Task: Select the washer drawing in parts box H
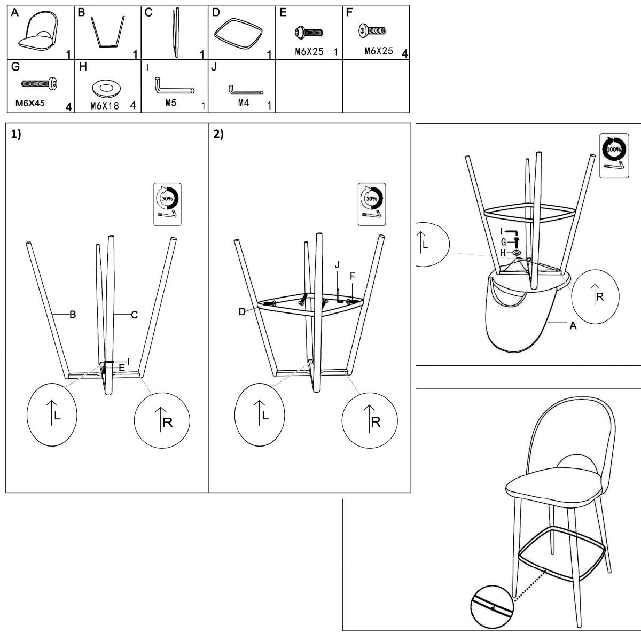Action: [x=106, y=88]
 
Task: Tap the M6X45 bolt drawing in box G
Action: [x=39, y=83]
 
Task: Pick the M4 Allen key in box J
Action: [x=246, y=90]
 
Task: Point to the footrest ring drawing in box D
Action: [x=238, y=34]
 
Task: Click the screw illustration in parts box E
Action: [x=308, y=32]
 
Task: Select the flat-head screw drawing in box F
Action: [x=372, y=30]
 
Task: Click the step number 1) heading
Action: [x=16, y=134]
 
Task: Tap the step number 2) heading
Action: [x=218, y=134]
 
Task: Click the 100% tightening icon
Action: [x=614, y=155]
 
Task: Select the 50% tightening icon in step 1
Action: [x=167, y=204]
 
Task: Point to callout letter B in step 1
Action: [x=73, y=314]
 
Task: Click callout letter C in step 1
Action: [x=135, y=315]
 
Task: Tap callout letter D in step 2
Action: [x=242, y=311]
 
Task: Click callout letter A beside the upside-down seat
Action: [x=573, y=326]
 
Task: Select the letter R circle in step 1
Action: [x=162, y=420]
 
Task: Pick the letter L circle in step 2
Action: [x=260, y=415]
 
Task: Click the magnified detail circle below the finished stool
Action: [x=492, y=607]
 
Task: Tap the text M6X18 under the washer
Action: [x=105, y=106]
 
